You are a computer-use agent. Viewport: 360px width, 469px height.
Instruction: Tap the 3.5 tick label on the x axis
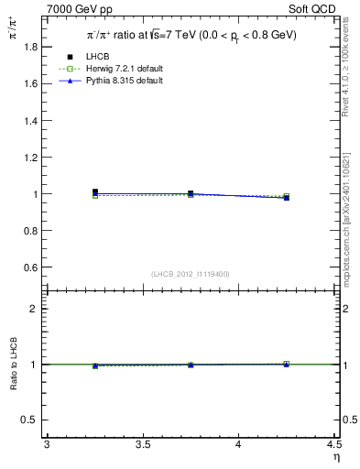[143, 445]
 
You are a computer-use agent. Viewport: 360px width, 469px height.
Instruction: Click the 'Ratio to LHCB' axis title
[13, 364]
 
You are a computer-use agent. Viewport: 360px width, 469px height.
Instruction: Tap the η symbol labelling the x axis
[335, 456]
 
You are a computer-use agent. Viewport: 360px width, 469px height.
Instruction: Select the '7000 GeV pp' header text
[80, 9]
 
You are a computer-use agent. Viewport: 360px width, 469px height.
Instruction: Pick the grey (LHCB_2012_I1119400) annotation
[191, 274]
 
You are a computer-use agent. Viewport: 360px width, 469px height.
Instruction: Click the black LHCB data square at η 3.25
[94, 192]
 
